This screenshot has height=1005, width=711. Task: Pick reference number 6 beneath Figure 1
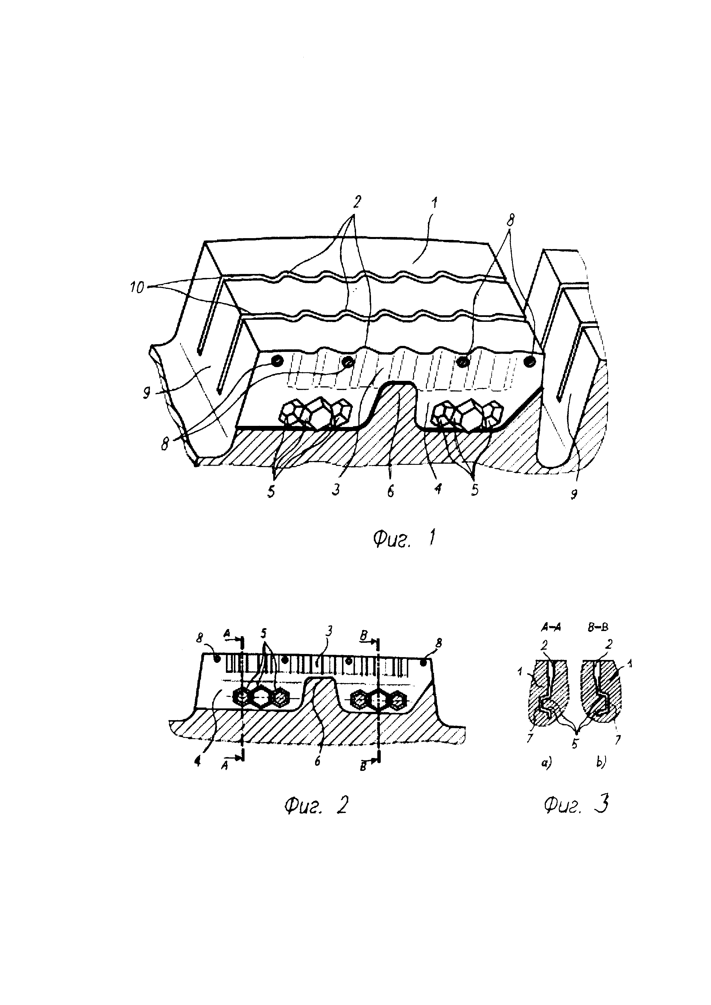point(390,490)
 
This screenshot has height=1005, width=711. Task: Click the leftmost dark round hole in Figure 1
point(277,361)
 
